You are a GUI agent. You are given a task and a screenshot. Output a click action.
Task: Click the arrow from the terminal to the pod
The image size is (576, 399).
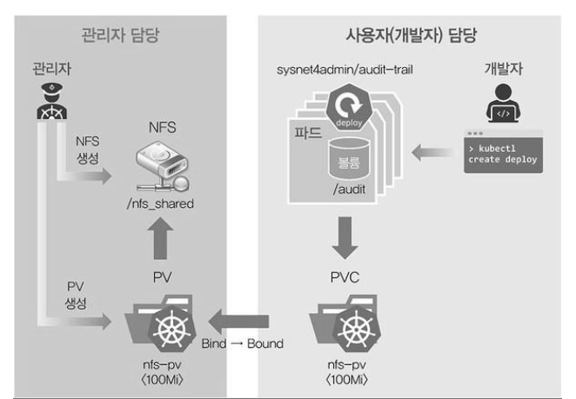tap(426, 154)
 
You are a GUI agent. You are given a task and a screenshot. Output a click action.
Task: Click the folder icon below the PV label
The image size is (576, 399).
tap(161, 323)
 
